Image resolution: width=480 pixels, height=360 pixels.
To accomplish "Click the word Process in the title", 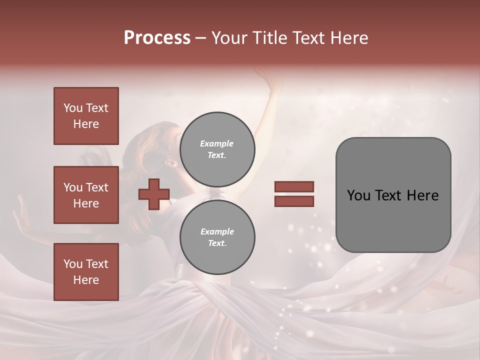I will tap(157, 38).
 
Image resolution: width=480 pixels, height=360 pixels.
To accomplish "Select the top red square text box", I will tap(86, 116).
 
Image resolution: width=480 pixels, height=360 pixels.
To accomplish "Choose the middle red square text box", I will tap(86, 195).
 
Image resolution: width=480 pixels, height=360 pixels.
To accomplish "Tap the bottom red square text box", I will tap(86, 272).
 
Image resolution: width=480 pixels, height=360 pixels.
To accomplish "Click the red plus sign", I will tap(153, 194).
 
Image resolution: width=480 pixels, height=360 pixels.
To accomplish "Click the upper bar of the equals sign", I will tap(294, 186).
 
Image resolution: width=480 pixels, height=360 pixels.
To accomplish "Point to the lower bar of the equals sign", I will tap(294, 201).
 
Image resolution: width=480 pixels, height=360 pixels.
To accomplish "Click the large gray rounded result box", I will tap(393, 220).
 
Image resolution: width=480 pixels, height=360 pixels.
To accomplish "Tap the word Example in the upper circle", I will tap(216, 143).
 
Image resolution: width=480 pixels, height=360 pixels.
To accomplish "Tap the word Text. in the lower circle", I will tap(216, 243).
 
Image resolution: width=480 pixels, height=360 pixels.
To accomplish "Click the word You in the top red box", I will tap(72, 108).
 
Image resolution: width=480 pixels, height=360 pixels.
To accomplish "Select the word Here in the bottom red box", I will tap(86, 280).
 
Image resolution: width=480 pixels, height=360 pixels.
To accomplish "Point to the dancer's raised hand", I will tap(272, 80).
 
